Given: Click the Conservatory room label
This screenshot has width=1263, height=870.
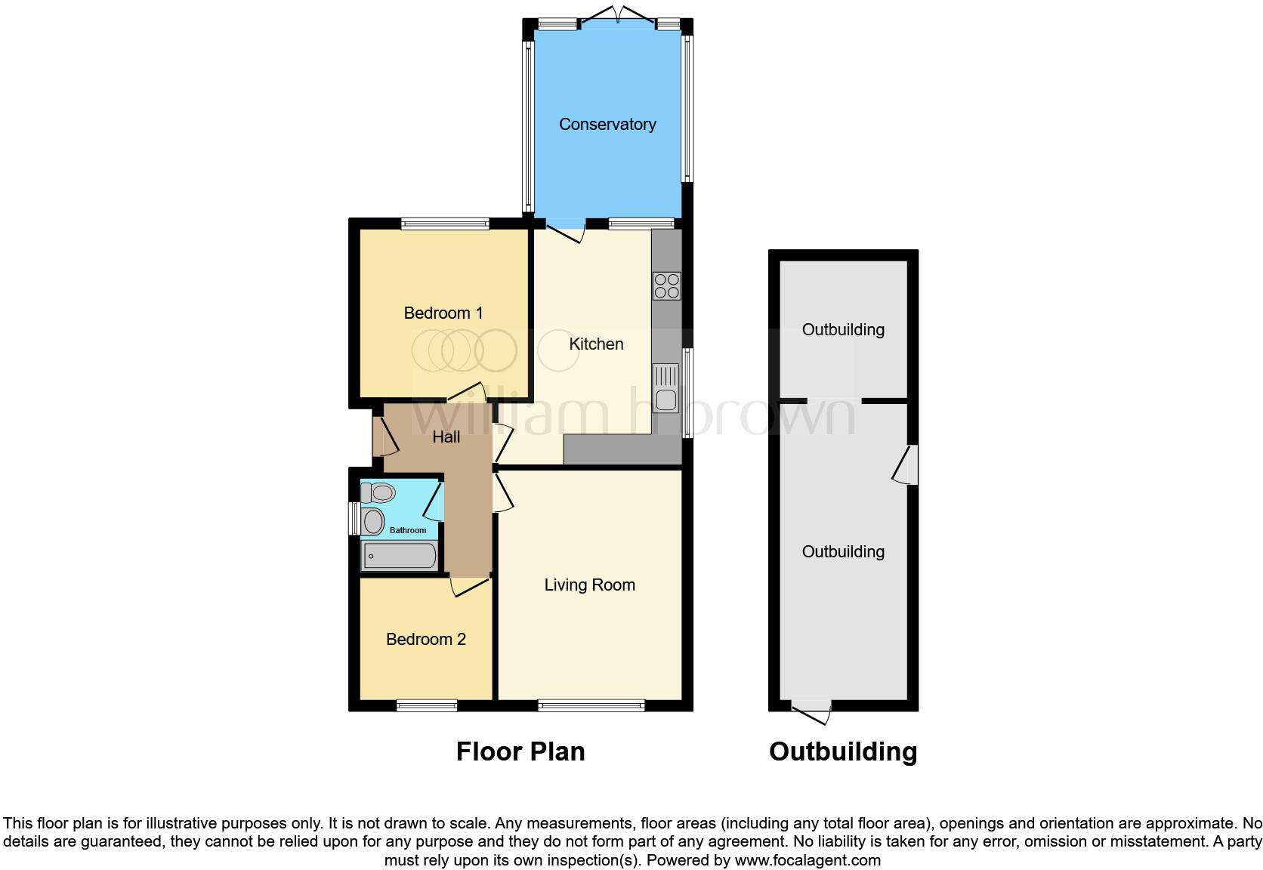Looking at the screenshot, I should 607,125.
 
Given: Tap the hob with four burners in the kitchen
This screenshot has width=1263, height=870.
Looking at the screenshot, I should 666,286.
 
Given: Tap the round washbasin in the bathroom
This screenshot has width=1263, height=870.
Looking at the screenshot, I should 373,521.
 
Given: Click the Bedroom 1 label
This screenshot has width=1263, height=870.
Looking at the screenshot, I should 443,313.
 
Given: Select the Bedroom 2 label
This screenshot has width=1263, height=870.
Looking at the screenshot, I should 425,640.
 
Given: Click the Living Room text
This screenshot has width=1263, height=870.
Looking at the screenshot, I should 589,585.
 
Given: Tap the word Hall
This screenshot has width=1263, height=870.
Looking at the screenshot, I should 446,437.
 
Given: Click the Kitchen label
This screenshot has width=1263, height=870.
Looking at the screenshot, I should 596,344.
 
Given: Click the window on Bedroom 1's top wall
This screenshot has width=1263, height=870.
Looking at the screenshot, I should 445,223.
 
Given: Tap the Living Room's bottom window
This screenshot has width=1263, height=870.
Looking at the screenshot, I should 591,706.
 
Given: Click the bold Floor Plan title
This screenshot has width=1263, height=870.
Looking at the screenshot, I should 520,751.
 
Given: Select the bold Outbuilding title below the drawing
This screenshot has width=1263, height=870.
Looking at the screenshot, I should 843,751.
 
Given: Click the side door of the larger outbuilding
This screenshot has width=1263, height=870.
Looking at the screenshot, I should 906,464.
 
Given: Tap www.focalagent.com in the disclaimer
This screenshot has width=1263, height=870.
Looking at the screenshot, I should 808,859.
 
